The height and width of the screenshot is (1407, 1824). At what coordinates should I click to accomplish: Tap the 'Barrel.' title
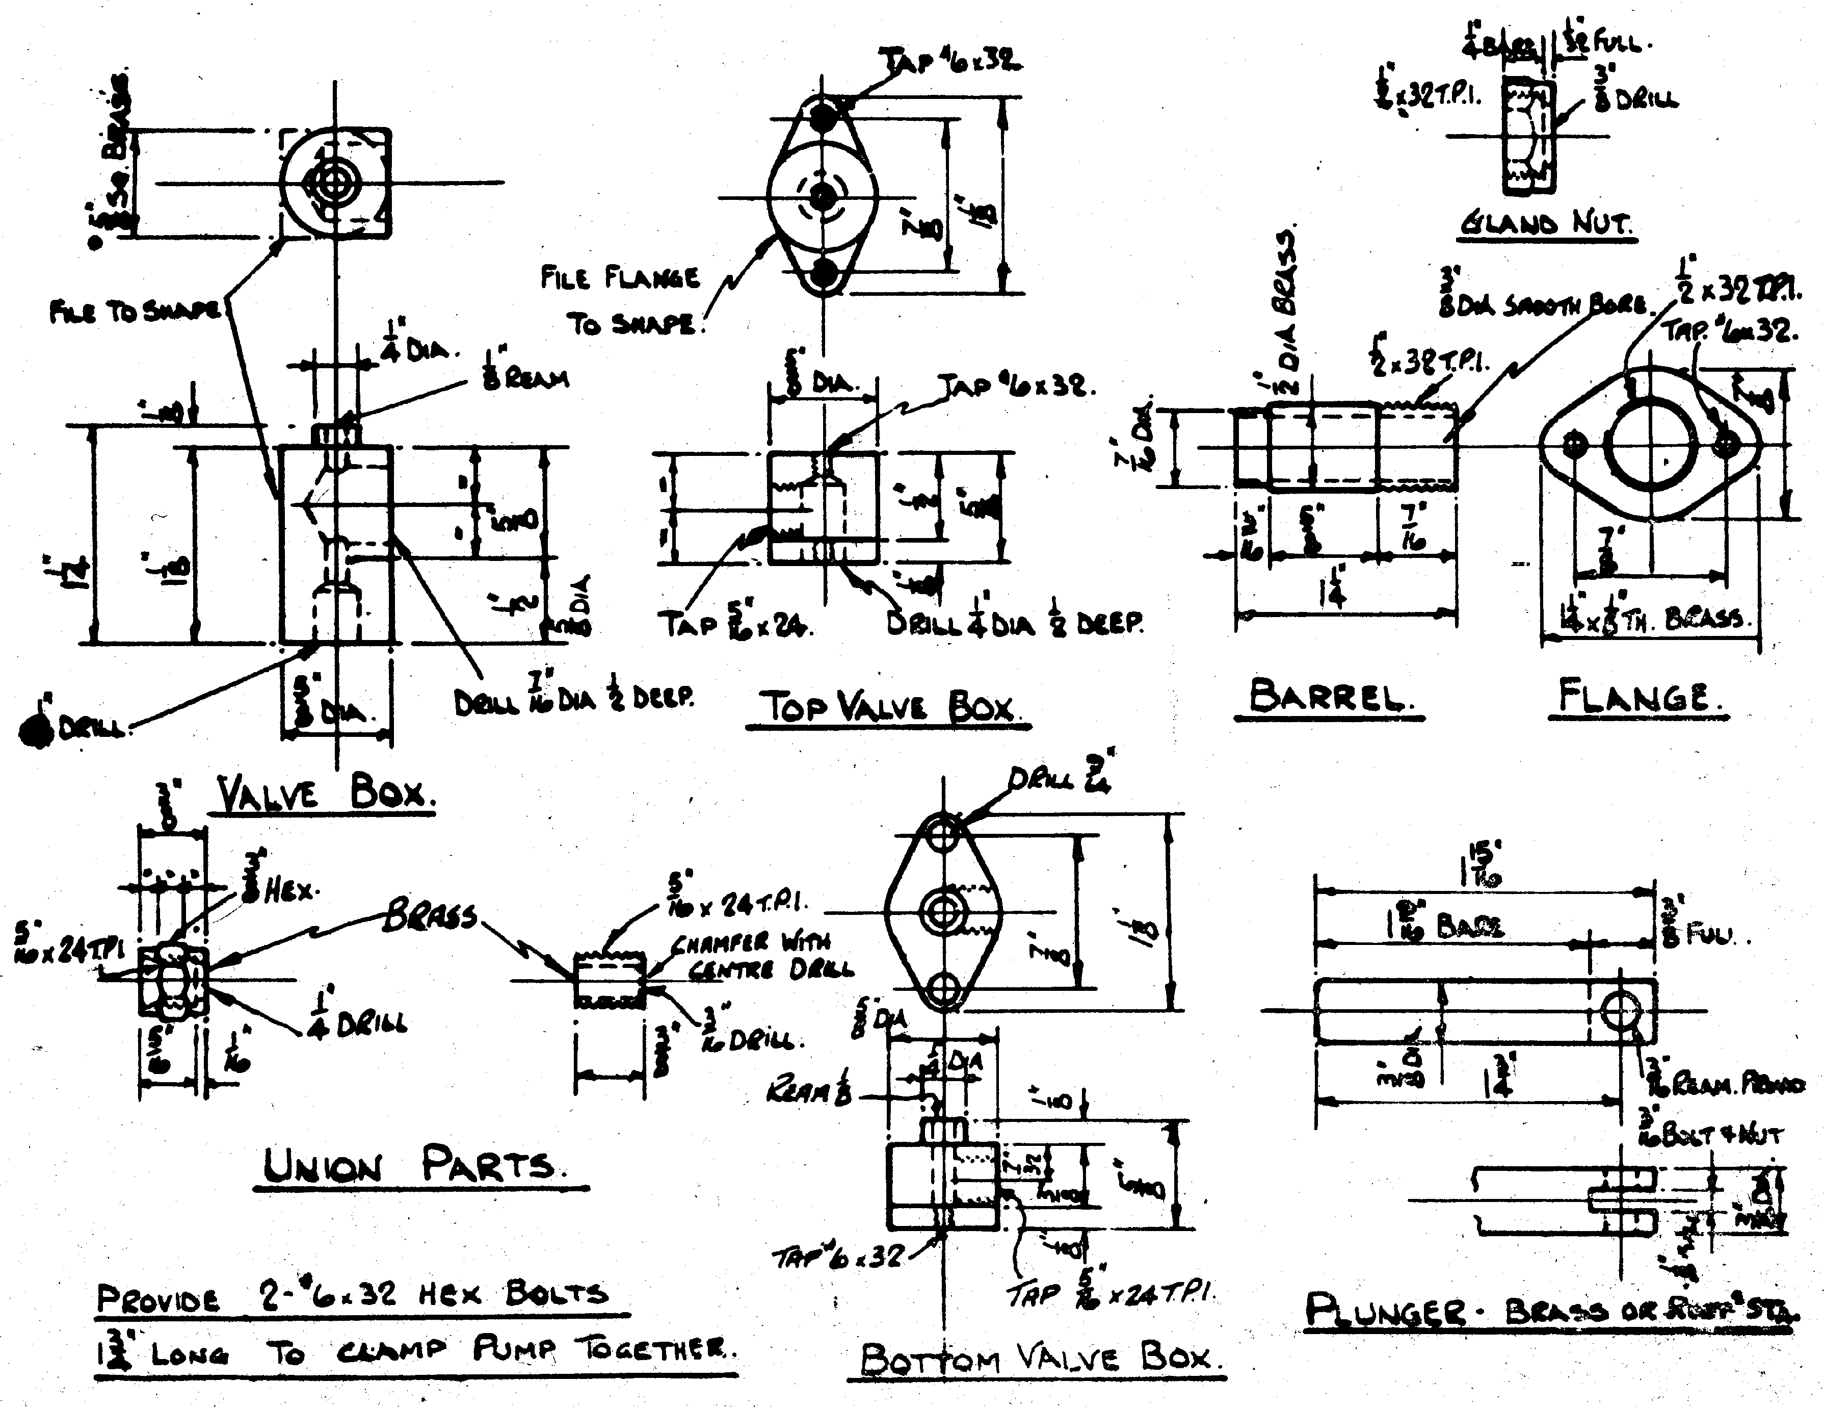tap(1328, 697)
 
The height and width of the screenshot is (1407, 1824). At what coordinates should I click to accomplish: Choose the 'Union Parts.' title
tap(409, 1166)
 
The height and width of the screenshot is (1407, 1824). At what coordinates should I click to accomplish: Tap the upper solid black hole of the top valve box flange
tap(824, 117)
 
